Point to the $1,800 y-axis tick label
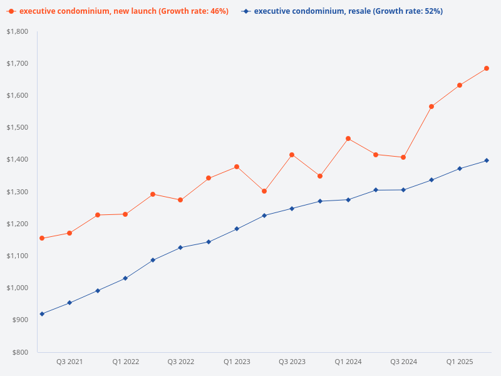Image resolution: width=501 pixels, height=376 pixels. pyautogui.click(x=17, y=31)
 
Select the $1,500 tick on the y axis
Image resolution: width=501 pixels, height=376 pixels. pyautogui.click(x=17, y=128)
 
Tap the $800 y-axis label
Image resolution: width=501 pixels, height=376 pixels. pyautogui.click(x=19, y=352)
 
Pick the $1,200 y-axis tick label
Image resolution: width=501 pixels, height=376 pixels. pyautogui.click(x=17, y=224)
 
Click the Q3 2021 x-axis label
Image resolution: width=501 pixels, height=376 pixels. pyautogui.click(x=70, y=362)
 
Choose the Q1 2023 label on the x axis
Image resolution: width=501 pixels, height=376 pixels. pyautogui.click(x=237, y=362)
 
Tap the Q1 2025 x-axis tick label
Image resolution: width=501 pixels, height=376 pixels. pyautogui.click(x=460, y=362)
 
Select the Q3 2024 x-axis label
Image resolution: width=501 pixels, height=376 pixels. pyautogui.click(x=404, y=362)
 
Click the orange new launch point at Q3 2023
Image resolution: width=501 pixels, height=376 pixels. pyautogui.click(x=292, y=155)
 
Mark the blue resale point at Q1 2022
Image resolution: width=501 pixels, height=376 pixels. pyautogui.click(x=125, y=278)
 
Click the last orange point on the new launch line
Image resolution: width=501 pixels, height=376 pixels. pyautogui.click(x=487, y=68)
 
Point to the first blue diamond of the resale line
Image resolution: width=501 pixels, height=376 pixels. pyautogui.click(x=42, y=314)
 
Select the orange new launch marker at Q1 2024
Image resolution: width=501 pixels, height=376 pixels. pyautogui.click(x=348, y=138)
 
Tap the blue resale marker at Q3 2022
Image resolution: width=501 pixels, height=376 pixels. pyautogui.click(x=180, y=248)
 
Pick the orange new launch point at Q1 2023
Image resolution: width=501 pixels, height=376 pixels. pyautogui.click(x=237, y=167)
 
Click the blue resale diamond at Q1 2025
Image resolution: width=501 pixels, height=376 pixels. pyautogui.click(x=460, y=169)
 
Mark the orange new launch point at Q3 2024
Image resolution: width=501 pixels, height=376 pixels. pyautogui.click(x=403, y=157)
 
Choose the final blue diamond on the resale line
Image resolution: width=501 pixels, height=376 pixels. pyautogui.click(x=487, y=160)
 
